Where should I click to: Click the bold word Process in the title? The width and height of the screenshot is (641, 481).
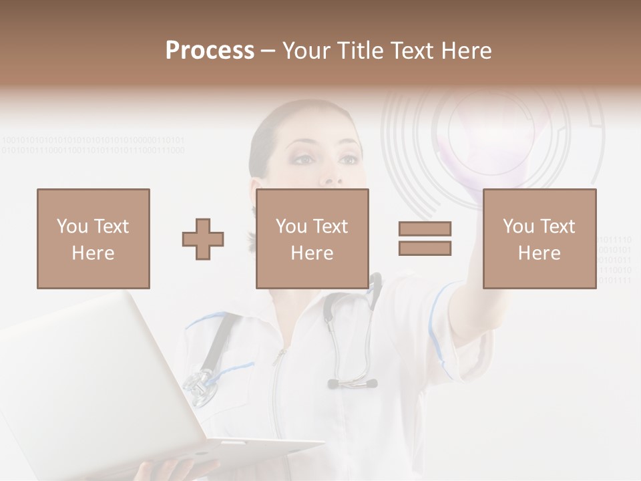tap(210, 51)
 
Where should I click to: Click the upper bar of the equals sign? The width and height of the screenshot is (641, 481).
tap(425, 228)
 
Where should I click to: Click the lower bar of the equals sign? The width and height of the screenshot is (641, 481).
tap(425, 248)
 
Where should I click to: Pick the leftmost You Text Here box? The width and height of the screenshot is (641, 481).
tap(93, 238)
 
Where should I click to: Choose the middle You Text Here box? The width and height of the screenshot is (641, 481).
tap(312, 238)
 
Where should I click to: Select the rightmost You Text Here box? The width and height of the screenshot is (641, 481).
tap(539, 238)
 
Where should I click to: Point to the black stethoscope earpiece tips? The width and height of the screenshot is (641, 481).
tap(352, 383)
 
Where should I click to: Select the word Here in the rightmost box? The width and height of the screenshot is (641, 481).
tap(539, 253)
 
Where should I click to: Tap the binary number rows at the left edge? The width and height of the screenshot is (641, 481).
tap(93, 145)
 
